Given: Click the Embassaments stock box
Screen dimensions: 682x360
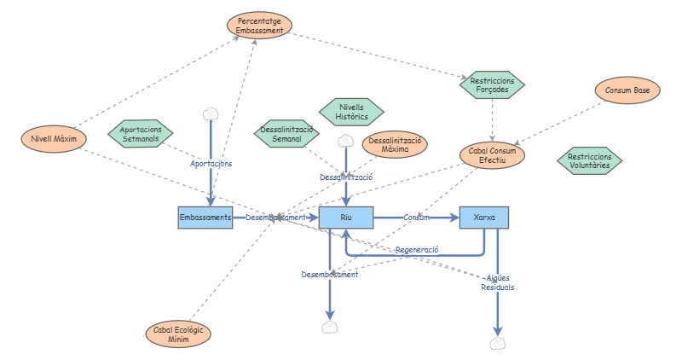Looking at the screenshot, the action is click(205, 218).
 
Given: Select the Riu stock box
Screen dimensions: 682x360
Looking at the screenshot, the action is click(346, 218).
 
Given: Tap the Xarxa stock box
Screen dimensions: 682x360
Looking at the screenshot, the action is click(484, 218).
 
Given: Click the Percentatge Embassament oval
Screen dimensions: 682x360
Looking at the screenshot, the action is click(259, 26).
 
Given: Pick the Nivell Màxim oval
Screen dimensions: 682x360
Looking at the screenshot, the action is click(54, 139).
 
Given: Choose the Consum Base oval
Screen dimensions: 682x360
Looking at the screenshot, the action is click(627, 90).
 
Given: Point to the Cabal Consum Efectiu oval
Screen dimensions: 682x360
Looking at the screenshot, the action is click(492, 155).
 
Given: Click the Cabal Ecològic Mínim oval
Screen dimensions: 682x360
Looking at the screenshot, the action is click(178, 334).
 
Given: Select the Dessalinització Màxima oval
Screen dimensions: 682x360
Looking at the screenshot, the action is click(395, 144).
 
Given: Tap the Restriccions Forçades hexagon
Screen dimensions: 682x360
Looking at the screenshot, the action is click(492, 85).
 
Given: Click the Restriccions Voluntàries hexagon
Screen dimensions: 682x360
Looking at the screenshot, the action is click(589, 160).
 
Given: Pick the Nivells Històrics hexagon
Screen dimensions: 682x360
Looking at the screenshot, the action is click(351, 112).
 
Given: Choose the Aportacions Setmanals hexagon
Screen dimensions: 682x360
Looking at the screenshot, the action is click(141, 134).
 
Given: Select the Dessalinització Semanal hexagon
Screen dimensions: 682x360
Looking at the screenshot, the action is click(286, 134).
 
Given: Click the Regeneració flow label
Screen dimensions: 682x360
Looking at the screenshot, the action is click(417, 250).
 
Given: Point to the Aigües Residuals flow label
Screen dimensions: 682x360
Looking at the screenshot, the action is click(498, 282).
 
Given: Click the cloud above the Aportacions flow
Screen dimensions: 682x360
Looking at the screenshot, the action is click(211, 114).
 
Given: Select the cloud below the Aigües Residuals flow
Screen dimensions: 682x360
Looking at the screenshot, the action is click(498, 344).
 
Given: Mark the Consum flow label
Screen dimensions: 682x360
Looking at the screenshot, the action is click(416, 218).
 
